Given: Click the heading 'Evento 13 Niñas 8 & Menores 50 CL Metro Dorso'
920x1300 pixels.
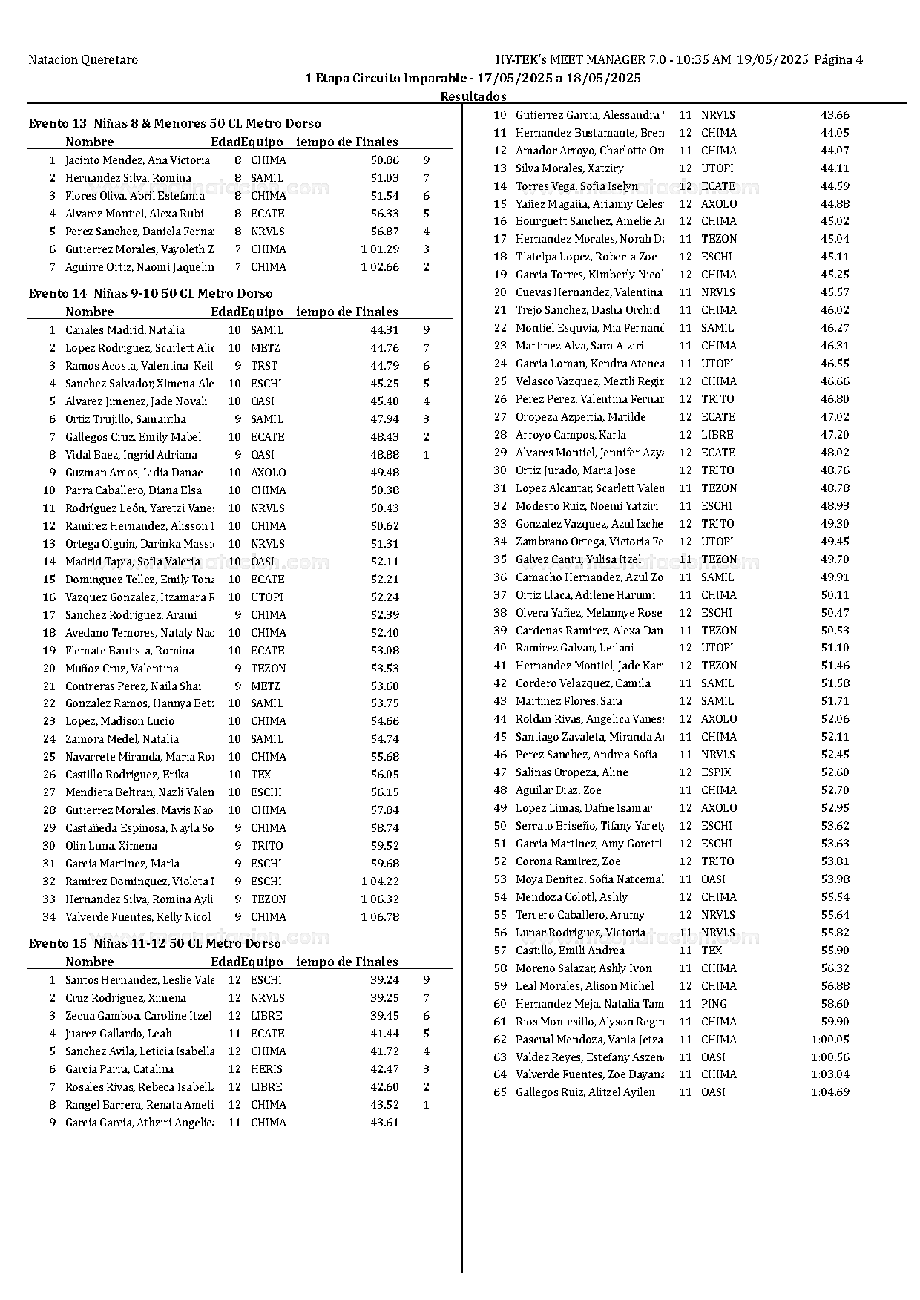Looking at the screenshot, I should tap(174, 123).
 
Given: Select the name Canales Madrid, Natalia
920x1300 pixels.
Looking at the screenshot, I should tap(125, 330).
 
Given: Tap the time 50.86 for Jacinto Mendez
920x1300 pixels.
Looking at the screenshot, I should tap(384, 160).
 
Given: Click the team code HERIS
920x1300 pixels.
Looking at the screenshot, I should tap(266, 1069).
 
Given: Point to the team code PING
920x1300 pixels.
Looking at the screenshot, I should tap(713, 1004).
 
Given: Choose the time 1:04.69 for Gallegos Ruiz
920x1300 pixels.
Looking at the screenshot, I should tap(829, 1092).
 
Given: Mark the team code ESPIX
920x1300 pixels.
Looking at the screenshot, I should tap(716, 772).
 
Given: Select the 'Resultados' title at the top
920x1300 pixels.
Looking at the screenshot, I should tap(473, 96).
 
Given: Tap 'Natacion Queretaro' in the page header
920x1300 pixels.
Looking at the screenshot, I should tap(83, 60).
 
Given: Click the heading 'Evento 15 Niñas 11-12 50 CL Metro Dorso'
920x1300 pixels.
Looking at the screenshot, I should tap(154, 943).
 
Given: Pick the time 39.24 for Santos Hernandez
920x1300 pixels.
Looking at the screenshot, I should tap(384, 980).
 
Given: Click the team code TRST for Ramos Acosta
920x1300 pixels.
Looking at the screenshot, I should tap(264, 366).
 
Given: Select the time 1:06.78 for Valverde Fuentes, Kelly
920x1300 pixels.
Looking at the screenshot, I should tap(380, 917).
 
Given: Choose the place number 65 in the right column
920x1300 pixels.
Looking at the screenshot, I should tap(500, 1092).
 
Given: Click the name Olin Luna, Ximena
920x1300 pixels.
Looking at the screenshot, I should tap(111, 846).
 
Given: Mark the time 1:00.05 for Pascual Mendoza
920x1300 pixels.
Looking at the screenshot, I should tap(829, 1040).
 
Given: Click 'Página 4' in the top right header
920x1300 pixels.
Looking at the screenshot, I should tap(838, 60).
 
